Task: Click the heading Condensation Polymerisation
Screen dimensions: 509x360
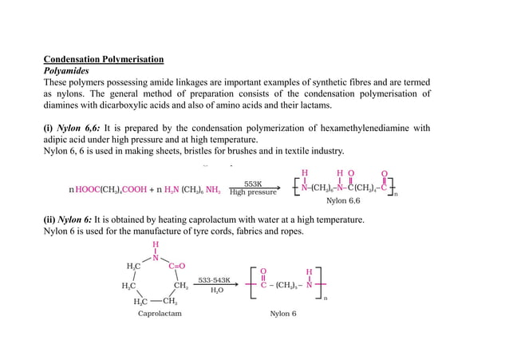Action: pos(103,59)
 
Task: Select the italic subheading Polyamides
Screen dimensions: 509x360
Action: pos(66,70)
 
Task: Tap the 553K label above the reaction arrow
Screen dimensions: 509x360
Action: pos(254,183)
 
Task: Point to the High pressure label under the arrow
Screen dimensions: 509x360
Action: pos(253,192)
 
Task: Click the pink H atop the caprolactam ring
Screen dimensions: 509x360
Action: pos(155,245)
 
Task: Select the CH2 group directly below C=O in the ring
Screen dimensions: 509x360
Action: pos(181,285)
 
